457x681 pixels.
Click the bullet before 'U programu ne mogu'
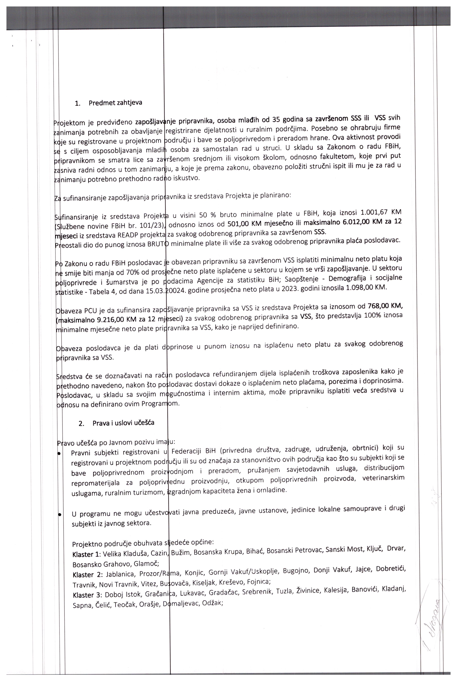click(x=59, y=515)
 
